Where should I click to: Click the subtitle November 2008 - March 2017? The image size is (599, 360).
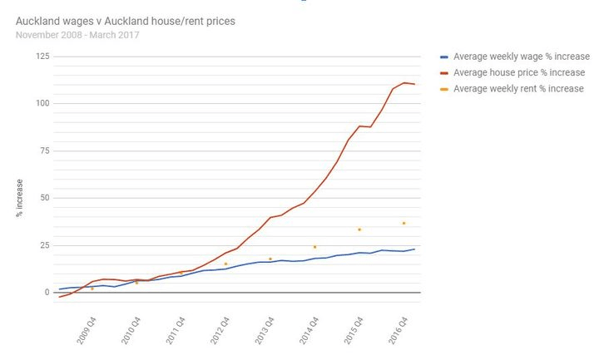click(77, 35)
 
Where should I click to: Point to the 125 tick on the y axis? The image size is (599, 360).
click(42, 56)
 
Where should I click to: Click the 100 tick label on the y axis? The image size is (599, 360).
click(42, 103)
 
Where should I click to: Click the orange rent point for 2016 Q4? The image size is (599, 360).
click(403, 223)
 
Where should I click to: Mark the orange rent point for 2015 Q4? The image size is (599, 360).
click(359, 229)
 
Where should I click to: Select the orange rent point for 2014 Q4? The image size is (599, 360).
click(314, 247)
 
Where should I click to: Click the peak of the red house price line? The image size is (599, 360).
click(403, 82)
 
